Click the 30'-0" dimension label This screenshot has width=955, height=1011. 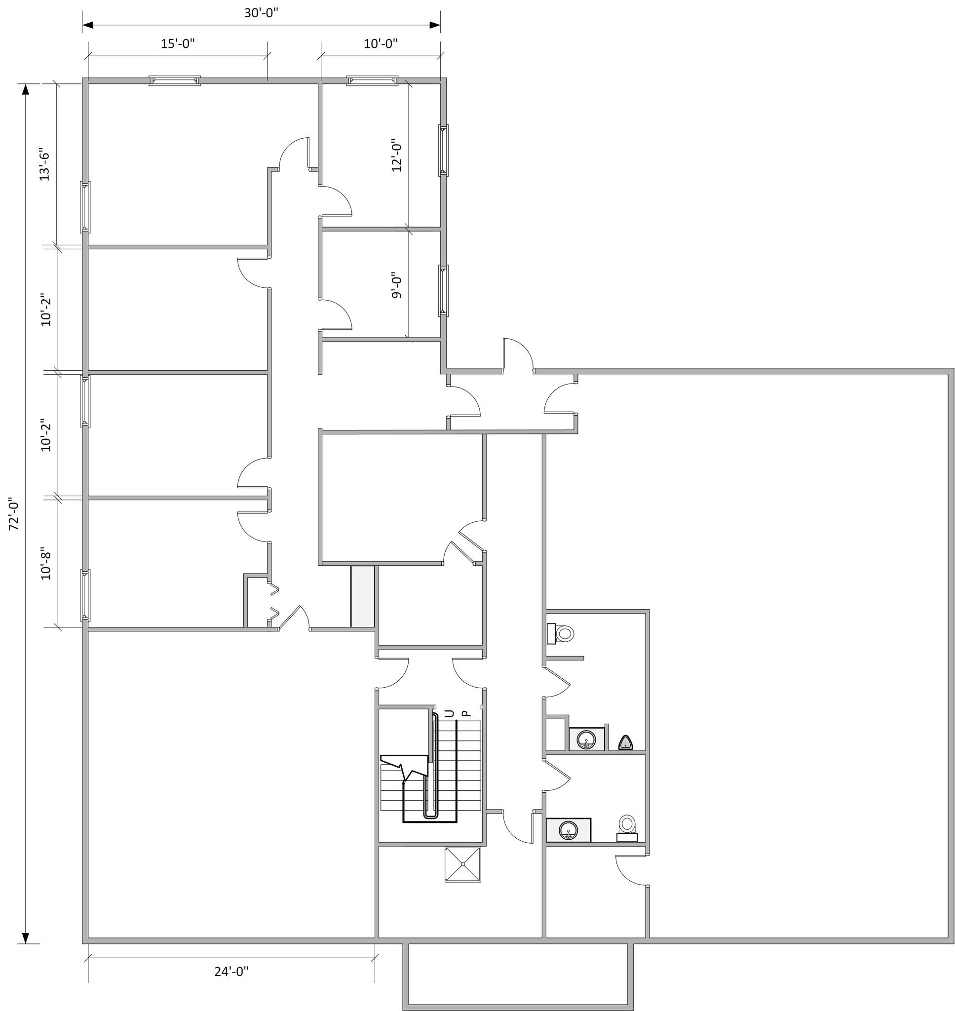point(261,13)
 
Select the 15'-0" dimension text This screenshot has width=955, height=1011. point(178,44)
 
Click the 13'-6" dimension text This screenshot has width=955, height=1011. point(45,166)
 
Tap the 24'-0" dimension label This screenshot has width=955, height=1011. point(231,972)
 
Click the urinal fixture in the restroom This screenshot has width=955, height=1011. point(626,743)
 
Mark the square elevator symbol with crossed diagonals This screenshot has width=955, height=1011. point(463,864)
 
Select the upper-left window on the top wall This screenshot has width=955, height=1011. point(175,80)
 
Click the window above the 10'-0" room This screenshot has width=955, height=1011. point(372,80)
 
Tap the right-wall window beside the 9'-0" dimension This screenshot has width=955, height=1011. point(443,290)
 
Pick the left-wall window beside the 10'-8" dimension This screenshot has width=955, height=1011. point(85,595)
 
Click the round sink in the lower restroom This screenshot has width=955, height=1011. point(568,831)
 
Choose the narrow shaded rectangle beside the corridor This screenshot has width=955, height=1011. point(362,596)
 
